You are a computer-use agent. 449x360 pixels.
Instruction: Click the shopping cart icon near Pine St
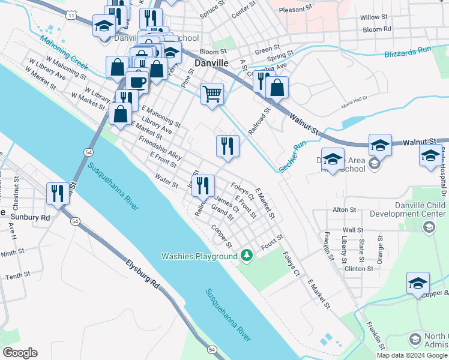212,94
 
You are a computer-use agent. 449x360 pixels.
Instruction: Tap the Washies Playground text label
199,256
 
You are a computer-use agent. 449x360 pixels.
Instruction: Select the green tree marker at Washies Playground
246,256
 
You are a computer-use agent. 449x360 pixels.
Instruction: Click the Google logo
20,352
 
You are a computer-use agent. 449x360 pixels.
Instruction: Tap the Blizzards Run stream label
409,54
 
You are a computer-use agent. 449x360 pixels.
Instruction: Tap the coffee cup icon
137,82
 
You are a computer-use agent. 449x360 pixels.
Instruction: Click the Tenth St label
18,275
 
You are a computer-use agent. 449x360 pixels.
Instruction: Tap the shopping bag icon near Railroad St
277,88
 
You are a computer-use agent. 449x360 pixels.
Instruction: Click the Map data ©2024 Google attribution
412,355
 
